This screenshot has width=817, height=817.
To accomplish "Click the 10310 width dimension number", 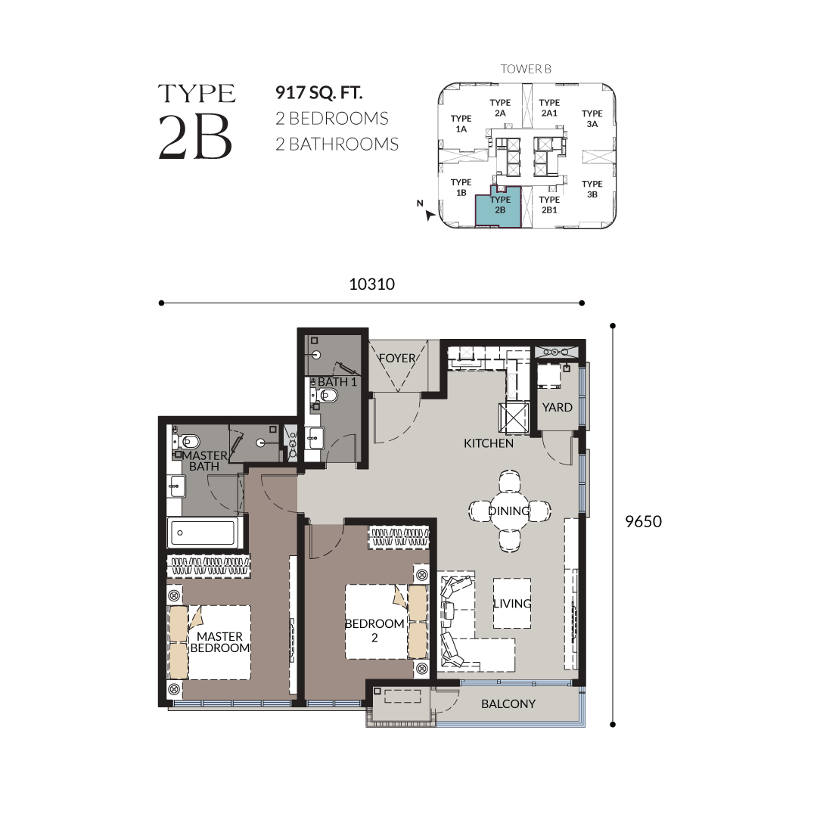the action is pos(371,284).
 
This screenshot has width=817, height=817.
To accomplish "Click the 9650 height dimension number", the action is pos(643,521).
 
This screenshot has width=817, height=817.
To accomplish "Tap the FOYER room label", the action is pos(397,359).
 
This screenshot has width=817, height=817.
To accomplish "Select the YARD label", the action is pos(557,408).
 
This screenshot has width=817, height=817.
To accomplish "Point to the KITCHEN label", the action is pos(488,443).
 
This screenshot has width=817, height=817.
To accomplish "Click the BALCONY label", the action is pos(508,704).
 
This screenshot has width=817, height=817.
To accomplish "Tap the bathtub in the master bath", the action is pos(203,533).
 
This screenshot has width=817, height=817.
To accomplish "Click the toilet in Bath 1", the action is pos(325,396).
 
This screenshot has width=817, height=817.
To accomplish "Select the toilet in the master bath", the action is pos(187,442).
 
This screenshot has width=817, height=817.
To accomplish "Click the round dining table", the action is pos(509,511).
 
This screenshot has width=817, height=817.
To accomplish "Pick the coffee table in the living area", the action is pos(512,603).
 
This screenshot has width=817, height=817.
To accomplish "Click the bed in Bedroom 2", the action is pos(386,622).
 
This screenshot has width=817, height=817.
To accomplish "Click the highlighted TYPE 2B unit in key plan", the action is pos(499,207).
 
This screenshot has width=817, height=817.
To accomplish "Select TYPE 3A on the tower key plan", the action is pos(592,119).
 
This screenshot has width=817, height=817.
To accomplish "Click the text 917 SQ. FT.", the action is pos(319,93).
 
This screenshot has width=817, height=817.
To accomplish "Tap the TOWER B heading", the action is pos(526,69).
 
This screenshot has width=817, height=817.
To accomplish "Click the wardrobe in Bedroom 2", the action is pos(399,537).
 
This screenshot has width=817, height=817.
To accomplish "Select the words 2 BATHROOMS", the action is pos(337,144).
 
